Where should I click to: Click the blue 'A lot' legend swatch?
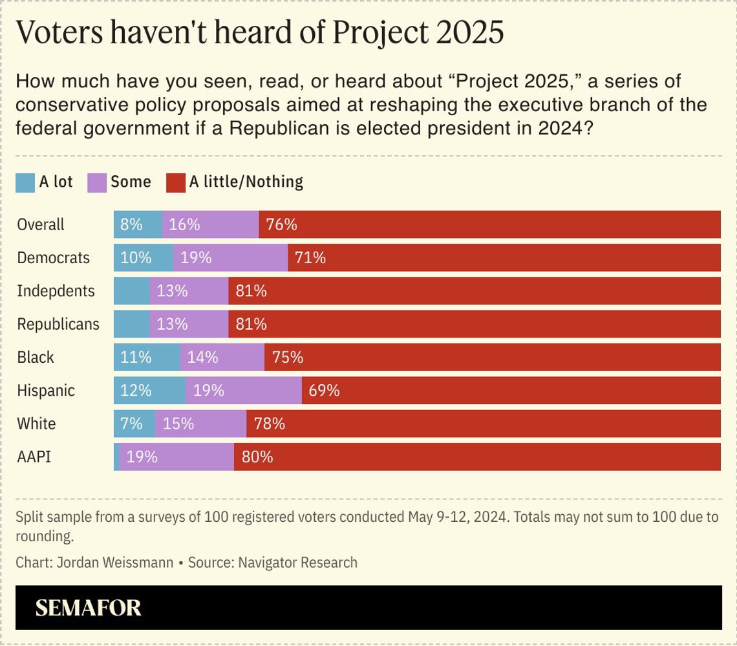pyautogui.click(x=25, y=183)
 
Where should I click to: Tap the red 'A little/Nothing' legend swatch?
pyautogui.click(x=176, y=183)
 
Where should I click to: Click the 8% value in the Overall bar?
pyautogui.click(x=131, y=224)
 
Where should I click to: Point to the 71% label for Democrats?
pyautogui.click(x=310, y=258)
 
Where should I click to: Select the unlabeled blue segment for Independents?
pyautogui.click(x=131, y=291)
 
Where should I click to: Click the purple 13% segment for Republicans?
pyautogui.click(x=173, y=324)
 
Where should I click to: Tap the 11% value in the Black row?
pyautogui.click(x=136, y=358)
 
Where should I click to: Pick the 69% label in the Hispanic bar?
pyautogui.click(x=324, y=391)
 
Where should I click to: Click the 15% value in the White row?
pyautogui.click(x=178, y=424)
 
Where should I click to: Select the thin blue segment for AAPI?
pyautogui.click(x=116, y=457)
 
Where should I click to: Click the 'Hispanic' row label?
pyautogui.click(x=45, y=391)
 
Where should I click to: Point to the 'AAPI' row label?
pyautogui.click(x=34, y=457)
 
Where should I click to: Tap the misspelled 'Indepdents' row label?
pyautogui.click(x=56, y=291)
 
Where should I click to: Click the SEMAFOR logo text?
pyautogui.click(x=88, y=608)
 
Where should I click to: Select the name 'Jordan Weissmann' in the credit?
pyautogui.click(x=116, y=562)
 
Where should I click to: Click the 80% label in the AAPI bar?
pyautogui.click(x=257, y=457)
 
